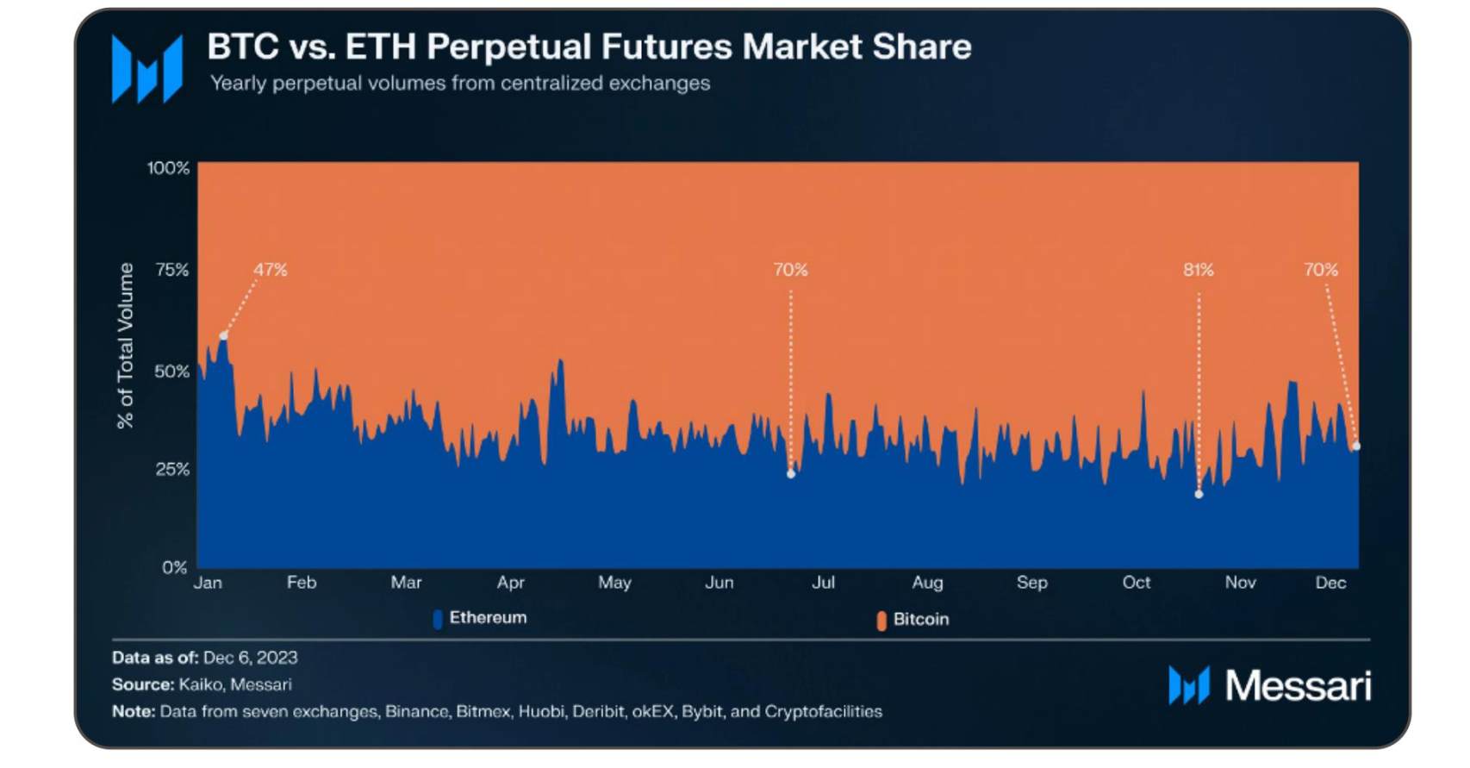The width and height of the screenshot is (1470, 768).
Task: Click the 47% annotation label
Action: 270,270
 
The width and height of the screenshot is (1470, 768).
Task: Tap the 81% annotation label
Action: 1198,270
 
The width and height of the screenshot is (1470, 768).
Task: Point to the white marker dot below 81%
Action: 1199,495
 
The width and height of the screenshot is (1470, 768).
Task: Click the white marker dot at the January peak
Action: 224,335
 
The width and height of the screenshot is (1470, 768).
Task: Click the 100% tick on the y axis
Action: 168,168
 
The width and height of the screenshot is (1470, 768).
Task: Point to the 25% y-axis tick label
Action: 172,470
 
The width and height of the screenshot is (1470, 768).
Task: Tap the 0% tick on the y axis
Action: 175,568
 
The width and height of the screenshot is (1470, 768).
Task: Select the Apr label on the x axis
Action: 511,583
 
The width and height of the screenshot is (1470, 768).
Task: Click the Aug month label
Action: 927,583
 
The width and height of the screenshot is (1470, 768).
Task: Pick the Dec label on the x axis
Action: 1330,583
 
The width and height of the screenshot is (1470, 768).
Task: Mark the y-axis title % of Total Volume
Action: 126,346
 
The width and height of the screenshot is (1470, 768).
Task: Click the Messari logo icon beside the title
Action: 147,69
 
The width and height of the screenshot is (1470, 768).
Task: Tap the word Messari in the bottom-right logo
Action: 1298,686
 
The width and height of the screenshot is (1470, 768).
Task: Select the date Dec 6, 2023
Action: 251,658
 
